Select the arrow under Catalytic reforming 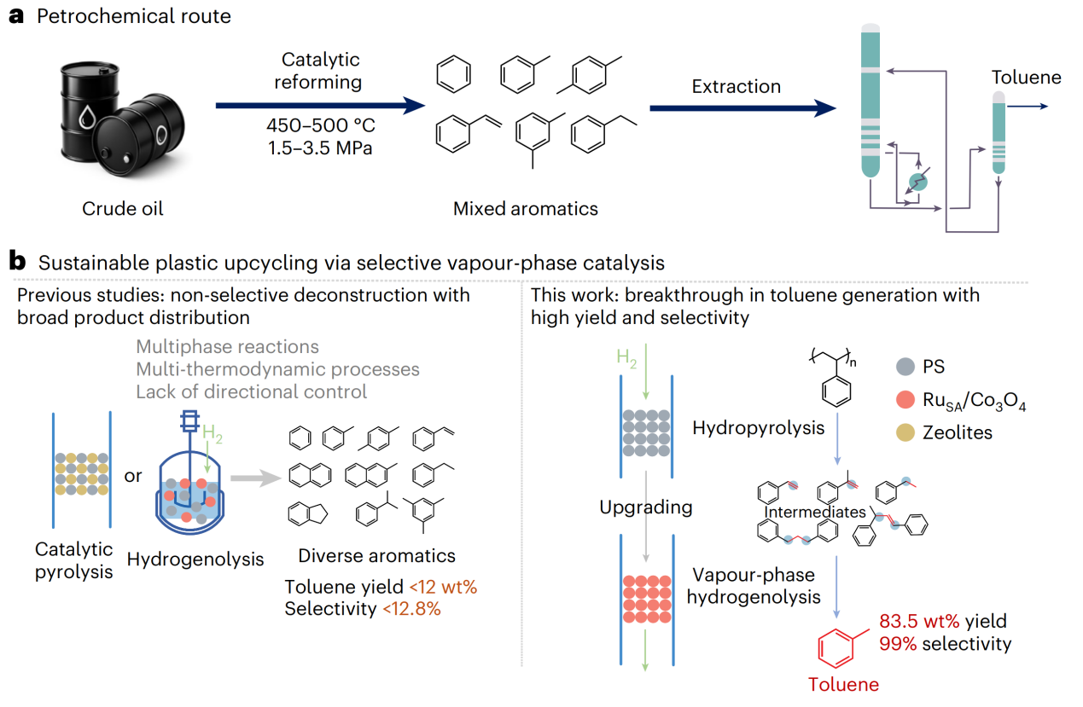click(320, 105)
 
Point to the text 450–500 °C click(320, 126)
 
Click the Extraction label click(736, 86)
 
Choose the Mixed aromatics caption click(525, 208)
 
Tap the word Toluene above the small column click(1026, 78)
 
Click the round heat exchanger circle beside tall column click(917, 181)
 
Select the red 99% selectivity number click(897, 643)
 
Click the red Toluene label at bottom click(843, 683)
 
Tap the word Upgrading click(645, 507)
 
